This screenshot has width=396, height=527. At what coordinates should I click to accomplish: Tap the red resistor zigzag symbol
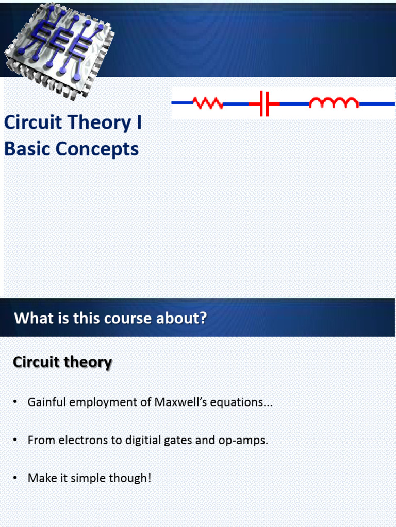point(208,103)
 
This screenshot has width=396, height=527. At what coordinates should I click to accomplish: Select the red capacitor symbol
point(265,103)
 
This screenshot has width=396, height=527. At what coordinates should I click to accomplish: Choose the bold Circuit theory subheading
point(62,362)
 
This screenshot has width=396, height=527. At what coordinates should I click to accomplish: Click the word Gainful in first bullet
point(47,402)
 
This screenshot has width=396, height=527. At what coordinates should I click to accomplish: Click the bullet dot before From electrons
point(15,441)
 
